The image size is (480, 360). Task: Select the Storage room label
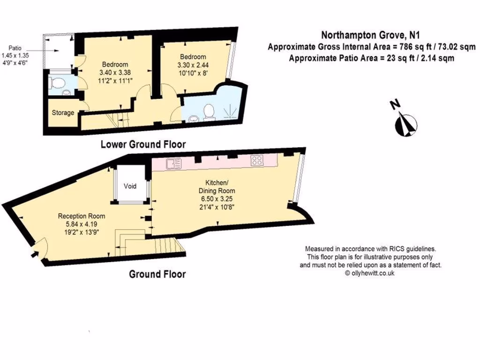63,113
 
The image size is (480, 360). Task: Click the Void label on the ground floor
130,186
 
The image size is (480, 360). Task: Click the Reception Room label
82,216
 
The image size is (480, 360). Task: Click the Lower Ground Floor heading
143,144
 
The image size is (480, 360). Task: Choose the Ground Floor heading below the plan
157,274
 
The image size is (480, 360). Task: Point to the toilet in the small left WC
57,84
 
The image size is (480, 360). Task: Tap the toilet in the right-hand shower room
209,111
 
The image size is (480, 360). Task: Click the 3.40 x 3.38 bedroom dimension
115,72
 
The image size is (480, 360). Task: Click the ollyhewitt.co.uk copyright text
370,272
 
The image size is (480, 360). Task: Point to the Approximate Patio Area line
371,59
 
